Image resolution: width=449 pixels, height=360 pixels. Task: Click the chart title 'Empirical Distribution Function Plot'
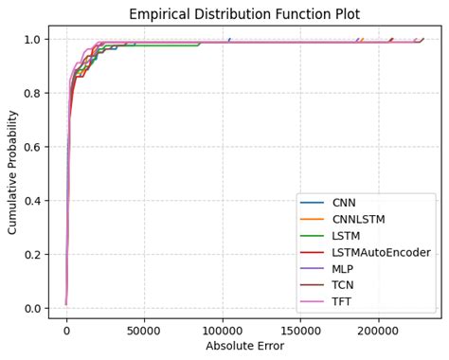click(x=244, y=14)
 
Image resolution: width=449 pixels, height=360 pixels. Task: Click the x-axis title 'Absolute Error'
click(x=244, y=346)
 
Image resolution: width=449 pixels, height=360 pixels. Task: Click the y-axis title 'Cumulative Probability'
click(x=13, y=172)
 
